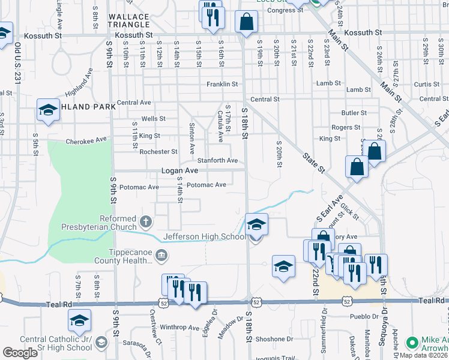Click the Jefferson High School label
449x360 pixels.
[205, 237]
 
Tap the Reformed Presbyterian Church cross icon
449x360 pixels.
[145, 223]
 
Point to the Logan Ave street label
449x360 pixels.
[179, 171]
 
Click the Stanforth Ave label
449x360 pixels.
[218, 161]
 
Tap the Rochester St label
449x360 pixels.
[158, 152]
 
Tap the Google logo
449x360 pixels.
[20, 353]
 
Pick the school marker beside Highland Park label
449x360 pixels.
[48, 110]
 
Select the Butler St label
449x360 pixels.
[354, 113]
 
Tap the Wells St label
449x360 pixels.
[153, 119]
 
